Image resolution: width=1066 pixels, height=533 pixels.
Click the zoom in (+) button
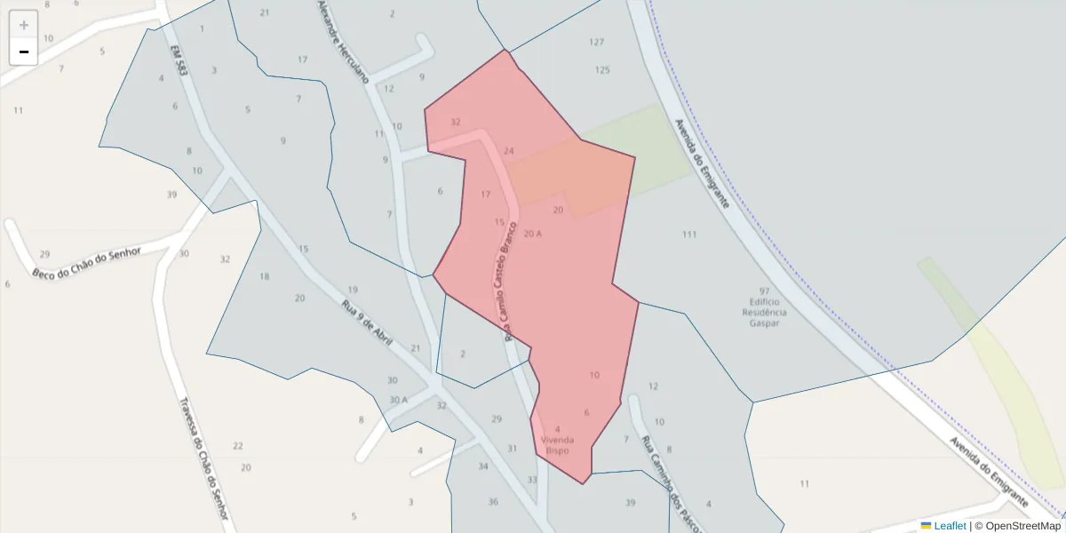24,25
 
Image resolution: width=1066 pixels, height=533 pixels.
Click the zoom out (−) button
24,52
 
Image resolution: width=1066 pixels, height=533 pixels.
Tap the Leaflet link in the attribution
949,526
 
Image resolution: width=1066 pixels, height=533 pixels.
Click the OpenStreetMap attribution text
1017,526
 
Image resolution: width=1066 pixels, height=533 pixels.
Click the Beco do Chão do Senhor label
87,262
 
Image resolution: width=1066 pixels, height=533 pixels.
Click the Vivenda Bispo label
558,445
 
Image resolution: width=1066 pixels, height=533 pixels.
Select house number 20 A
533,234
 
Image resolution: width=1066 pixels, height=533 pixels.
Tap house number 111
689,235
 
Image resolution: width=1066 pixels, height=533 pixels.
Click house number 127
596,42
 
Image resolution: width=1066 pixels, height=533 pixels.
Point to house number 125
602,69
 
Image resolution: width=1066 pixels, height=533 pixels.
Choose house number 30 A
398,400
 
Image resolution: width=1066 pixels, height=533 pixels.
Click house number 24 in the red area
508,151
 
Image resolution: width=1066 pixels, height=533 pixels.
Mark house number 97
764,290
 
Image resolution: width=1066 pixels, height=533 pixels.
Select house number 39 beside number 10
171,194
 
